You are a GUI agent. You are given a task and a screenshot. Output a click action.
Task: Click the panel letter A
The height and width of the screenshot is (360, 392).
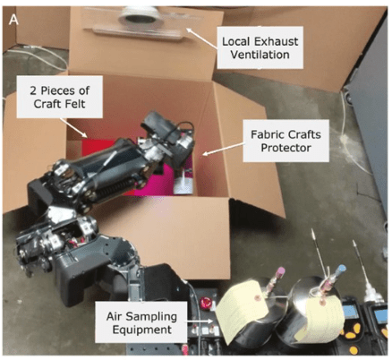(x=14, y=20)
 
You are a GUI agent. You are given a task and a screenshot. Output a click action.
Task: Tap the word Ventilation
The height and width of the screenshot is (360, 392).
(x=260, y=55)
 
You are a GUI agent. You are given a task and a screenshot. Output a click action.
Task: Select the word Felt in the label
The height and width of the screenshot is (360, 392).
(x=77, y=104)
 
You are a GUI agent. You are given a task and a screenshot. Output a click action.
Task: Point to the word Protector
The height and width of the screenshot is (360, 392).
(x=285, y=148)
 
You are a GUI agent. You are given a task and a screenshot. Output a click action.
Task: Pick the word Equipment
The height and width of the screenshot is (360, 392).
(x=142, y=330)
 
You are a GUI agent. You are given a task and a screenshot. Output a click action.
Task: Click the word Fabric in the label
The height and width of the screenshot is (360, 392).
(x=264, y=134)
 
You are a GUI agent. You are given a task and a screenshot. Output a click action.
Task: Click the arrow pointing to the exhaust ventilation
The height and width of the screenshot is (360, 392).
(x=201, y=38)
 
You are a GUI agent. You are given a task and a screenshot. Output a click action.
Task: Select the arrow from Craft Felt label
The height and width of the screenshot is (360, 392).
(x=73, y=128)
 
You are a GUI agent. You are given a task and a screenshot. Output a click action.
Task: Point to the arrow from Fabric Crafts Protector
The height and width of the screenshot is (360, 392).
(x=224, y=149)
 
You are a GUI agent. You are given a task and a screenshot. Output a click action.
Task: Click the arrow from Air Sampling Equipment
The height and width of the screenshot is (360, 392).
(x=200, y=321)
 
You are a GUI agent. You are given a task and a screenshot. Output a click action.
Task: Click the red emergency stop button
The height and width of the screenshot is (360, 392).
(x=206, y=302)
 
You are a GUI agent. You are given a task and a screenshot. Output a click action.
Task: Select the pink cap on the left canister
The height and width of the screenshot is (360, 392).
(x=281, y=271)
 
